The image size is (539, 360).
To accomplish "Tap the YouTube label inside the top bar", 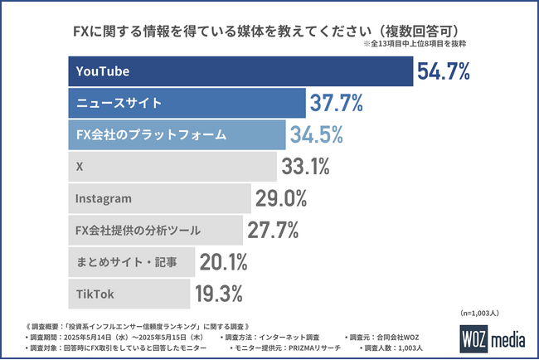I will click(102, 72).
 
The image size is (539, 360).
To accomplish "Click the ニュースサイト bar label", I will click(114, 103).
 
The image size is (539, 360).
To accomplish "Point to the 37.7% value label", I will click(337, 103).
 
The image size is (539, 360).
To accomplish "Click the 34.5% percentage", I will click(315, 134).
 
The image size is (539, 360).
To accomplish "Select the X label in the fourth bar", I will click(79, 166).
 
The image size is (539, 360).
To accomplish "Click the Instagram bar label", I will click(104, 199).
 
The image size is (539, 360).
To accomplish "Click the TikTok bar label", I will click(94, 294).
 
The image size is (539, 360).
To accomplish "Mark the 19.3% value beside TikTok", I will click(218, 294).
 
